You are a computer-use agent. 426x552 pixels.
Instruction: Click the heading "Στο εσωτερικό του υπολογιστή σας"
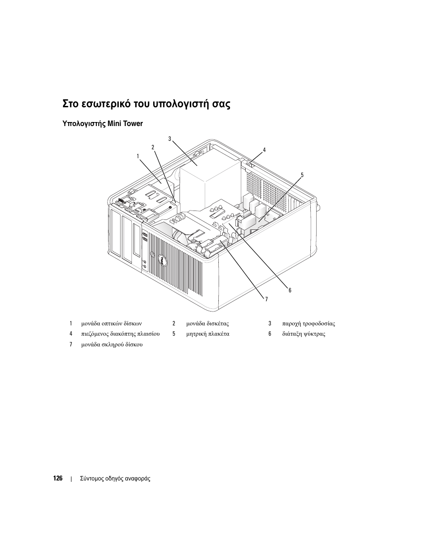pyautogui.click(x=147, y=105)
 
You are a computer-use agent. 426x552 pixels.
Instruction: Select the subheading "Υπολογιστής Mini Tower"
pyautogui.click(x=103, y=123)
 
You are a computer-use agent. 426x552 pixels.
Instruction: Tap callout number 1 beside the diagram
pyautogui.click(x=138, y=156)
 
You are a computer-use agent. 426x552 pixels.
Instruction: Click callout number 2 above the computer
pyautogui.click(x=153, y=147)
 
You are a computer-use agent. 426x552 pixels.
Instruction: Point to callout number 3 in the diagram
pyautogui.click(x=170, y=139)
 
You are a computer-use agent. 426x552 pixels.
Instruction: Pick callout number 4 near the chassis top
pyautogui.click(x=264, y=150)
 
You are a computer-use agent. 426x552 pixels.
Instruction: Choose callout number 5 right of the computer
pyautogui.click(x=302, y=175)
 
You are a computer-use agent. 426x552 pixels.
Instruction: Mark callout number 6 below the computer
pyautogui.click(x=289, y=291)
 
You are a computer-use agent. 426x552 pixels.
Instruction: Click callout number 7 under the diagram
pyautogui.click(x=266, y=299)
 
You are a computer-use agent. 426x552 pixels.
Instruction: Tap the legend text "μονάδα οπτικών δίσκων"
pyautogui.click(x=111, y=324)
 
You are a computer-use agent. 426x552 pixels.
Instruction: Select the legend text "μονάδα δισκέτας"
pyautogui.click(x=207, y=324)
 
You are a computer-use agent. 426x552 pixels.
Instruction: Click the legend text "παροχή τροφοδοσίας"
pyautogui.click(x=308, y=324)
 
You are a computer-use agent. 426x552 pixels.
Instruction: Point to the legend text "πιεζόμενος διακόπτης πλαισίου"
pyautogui.click(x=120, y=334)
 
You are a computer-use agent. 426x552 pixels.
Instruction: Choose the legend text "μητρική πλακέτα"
pyautogui.click(x=208, y=334)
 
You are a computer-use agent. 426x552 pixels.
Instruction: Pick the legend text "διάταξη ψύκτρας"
pyautogui.click(x=303, y=334)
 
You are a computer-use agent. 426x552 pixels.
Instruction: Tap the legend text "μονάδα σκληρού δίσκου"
pyautogui.click(x=112, y=345)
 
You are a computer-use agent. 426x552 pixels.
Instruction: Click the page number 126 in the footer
pyautogui.click(x=58, y=478)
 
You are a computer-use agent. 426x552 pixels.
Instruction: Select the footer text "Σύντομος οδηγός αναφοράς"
pyautogui.click(x=115, y=479)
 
